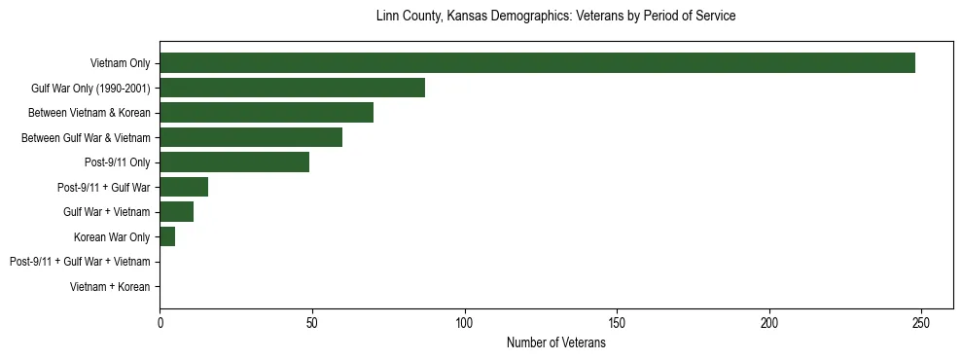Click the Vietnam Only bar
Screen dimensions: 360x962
click(x=537, y=63)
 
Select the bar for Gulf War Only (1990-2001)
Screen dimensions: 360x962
click(x=292, y=88)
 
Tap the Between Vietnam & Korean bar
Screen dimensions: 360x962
click(x=267, y=113)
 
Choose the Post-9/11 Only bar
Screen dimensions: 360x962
click(x=234, y=162)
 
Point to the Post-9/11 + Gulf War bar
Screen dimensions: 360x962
click(x=184, y=187)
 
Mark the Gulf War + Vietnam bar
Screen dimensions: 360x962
click(x=176, y=212)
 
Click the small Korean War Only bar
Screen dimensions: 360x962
click(x=167, y=236)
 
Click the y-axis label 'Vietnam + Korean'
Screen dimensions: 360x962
click(x=110, y=287)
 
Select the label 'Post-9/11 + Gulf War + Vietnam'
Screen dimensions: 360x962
click(x=80, y=262)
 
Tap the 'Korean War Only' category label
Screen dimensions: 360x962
click(x=112, y=237)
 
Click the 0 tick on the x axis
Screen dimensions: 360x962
click(x=160, y=322)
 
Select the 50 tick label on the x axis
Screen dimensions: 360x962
click(x=312, y=322)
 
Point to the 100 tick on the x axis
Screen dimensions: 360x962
click(x=465, y=322)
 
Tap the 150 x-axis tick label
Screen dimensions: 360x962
click(x=617, y=322)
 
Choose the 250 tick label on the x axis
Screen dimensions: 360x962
click(x=922, y=322)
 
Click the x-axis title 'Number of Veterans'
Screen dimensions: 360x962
click(x=556, y=342)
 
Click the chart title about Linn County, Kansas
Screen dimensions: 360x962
click(x=555, y=17)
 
